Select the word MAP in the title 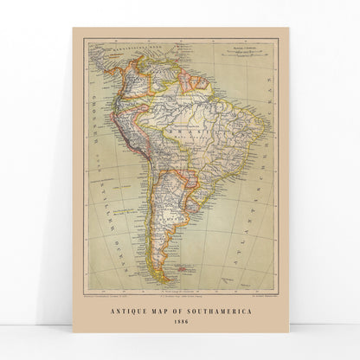tap(162, 313)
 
